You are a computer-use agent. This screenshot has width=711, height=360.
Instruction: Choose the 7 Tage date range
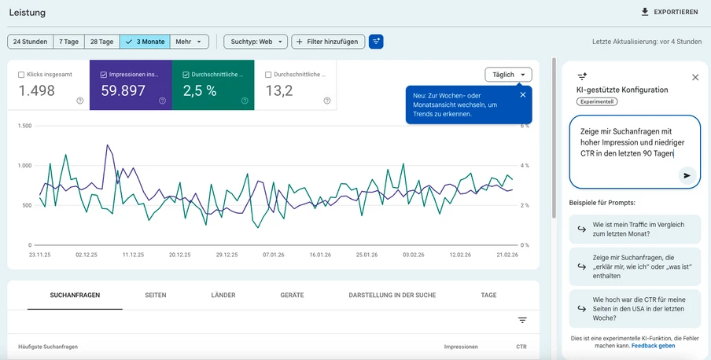69,42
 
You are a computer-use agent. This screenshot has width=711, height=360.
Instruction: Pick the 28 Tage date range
102,42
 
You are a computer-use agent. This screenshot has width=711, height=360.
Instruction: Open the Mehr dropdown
189,42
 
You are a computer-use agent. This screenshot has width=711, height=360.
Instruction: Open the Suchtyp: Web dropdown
255,42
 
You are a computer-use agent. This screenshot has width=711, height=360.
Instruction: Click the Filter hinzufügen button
328,42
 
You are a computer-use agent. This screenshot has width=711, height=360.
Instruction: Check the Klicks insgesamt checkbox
21,75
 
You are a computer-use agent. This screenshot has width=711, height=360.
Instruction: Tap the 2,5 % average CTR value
200,90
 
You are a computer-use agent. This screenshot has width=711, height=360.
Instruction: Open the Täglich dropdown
508,75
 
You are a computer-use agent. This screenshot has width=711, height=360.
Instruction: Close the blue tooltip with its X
523,95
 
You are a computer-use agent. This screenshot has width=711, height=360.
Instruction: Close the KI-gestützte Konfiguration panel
694,77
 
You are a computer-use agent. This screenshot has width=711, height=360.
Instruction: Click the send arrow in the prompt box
687,176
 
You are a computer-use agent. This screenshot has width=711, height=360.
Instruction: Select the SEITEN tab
155,296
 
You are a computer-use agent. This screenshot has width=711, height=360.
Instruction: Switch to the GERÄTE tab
292,296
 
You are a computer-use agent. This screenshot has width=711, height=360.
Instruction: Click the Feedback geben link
653,346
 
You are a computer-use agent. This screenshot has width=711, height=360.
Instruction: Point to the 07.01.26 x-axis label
273,255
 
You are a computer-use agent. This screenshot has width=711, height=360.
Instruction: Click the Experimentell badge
597,102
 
